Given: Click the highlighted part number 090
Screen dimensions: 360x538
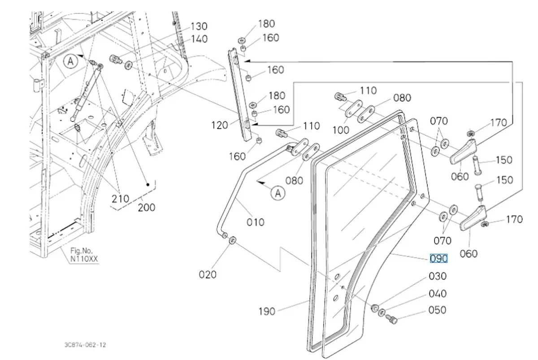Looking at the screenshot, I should pyautogui.click(x=438, y=258).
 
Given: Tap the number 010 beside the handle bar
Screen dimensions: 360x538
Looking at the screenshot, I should pyautogui.click(x=255, y=222).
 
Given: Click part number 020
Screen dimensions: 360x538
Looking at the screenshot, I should pyautogui.click(x=208, y=274).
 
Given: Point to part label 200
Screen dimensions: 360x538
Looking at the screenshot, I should pyautogui.click(x=146, y=207).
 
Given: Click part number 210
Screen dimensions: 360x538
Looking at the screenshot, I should pyautogui.click(x=120, y=198).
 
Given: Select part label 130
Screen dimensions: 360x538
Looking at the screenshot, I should pyautogui.click(x=199, y=26).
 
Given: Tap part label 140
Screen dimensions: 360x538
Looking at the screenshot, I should pyautogui.click(x=199, y=39).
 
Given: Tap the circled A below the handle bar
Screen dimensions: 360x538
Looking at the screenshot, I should pyautogui.click(x=278, y=193).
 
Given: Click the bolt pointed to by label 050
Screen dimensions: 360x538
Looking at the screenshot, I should pyautogui.click(x=390, y=320).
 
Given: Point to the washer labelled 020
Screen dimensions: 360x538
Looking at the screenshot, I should pyautogui.click(x=233, y=241).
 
